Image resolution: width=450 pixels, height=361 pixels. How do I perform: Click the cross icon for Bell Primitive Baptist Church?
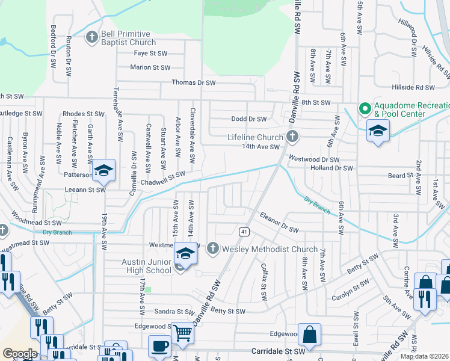[x=92, y=37]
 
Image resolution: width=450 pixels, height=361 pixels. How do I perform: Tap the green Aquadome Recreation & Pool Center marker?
[x=364, y=108]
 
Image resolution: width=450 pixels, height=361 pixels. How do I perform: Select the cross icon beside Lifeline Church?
[x=292, y=137]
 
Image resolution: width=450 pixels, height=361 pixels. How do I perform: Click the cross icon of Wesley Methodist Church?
[x=213, y=248]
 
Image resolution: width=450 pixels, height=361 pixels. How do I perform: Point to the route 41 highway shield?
[x=244, y=231]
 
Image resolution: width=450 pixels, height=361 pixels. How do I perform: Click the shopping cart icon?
[x=183, y=333]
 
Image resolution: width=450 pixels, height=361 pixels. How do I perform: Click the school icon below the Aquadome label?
[x=378, y=131]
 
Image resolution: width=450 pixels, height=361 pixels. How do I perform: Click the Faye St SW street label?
[x=150, y=53]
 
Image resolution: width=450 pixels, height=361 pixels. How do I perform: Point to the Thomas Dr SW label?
[x=193, y=82]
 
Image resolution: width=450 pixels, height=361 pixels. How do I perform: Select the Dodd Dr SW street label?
[x=248, y=119]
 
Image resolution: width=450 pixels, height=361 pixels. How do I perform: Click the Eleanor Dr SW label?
[x=279, y=221]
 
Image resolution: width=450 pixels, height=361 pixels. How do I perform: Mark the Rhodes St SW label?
[x=84, y=113]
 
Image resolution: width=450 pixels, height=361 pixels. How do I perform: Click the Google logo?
[x=20, y=353]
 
